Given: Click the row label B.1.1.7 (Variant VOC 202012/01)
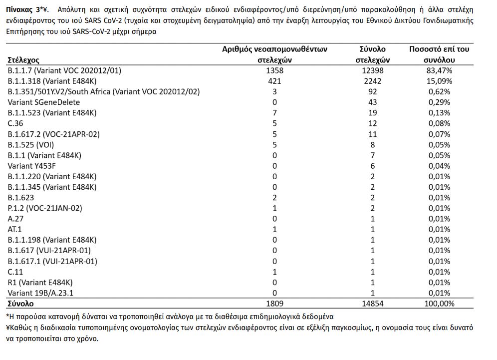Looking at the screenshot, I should tap(64, 71).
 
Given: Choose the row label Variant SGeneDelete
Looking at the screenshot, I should tap(44, 102).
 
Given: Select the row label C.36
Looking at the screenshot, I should tap(15, 123).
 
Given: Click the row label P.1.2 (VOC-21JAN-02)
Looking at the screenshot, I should tap(45, 208).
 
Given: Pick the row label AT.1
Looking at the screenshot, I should tap(14, 229).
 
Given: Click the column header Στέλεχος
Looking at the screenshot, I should tap(24, 60).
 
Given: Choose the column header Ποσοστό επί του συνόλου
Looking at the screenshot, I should tap(439, 54).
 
